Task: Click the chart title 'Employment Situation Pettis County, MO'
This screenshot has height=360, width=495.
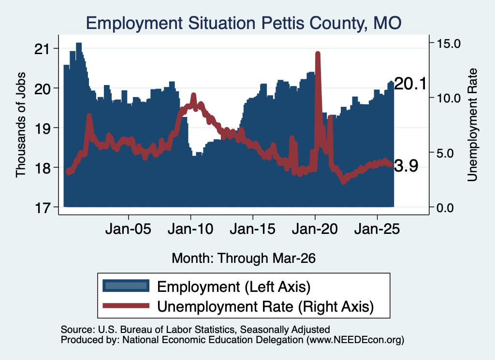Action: click(x=244, y=23)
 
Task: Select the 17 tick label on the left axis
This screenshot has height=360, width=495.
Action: click(x=42, y=208)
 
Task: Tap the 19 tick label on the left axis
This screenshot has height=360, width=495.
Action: click(x=42, y=129)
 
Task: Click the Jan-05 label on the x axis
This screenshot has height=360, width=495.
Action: click(x=128, y=229)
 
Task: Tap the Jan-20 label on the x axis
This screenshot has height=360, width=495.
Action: click(x=315, y=229)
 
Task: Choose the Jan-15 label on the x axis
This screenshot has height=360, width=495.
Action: click(x=252, y=229)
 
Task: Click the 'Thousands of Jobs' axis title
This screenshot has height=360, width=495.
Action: click(x=20, y=125)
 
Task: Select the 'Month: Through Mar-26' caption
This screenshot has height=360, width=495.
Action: click(x=244, y=258)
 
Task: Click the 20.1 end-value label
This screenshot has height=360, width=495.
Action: click(x=410, y=84)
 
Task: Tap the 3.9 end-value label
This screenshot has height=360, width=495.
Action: click(x=406, y=166)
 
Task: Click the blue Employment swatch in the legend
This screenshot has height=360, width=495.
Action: click(x=126, y=286)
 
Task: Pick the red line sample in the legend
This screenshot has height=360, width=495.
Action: click(x=126, y=305)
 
